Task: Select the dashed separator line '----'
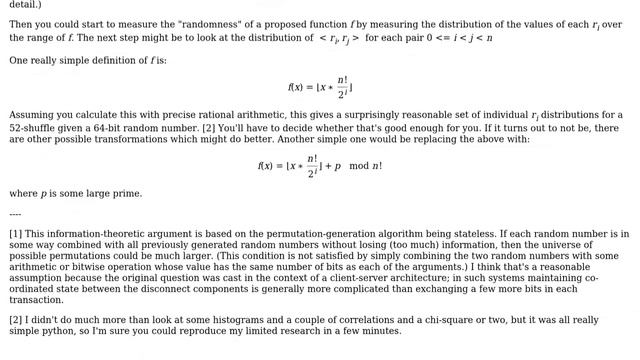15,214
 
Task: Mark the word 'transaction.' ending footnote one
37,300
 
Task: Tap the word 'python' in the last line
61,332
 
